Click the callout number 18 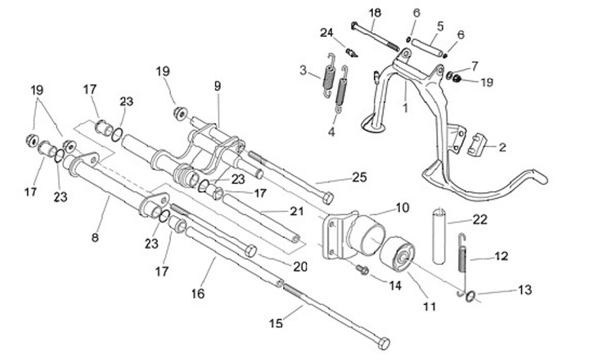pos(375,13)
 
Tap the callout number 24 pos(327,34)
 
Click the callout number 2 pos(501,147)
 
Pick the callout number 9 pos(218,84)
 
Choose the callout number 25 pos(359,177)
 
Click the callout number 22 pos(480,218)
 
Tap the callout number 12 pos(501,256)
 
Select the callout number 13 pos(524,290)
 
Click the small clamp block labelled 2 pos(479,144)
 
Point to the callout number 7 pos(474,65)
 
